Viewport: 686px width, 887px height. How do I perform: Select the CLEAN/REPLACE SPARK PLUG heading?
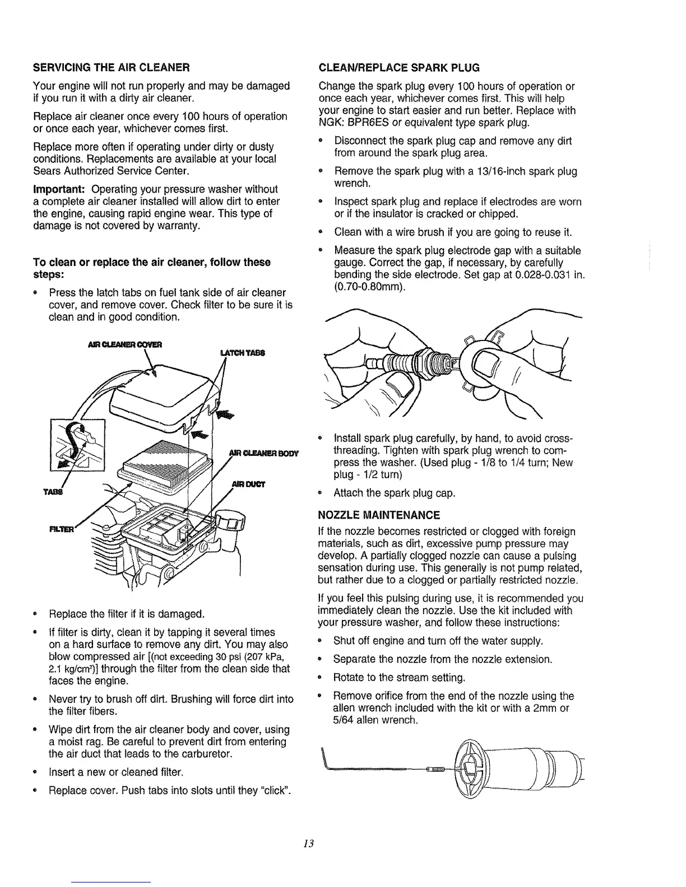pyautogui.click(x=398, y=68)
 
